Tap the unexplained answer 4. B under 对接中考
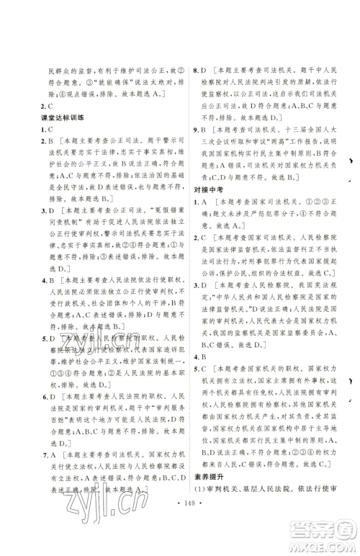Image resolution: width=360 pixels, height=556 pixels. pyautogui.click(x=202, y=356)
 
